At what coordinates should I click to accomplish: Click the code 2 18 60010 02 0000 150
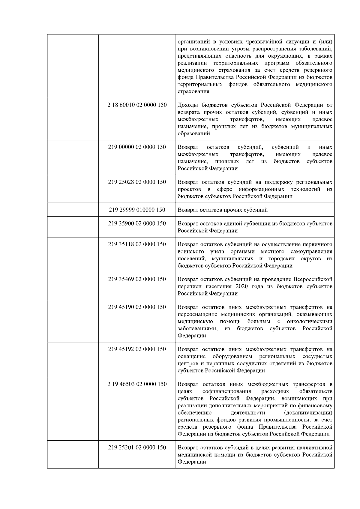[x=137, y=105]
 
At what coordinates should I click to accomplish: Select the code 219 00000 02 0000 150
[x=137, y=147]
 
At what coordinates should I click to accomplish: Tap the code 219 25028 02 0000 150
[x=137, y=182]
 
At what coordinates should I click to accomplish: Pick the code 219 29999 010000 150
[x=137, y=210]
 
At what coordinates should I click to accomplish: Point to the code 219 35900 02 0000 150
[x=137, y=223]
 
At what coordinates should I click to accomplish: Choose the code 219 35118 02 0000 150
[x=137, y=244]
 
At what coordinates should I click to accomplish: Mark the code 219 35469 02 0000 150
[x=137, y=279]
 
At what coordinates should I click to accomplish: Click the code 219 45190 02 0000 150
[x=137, y=307]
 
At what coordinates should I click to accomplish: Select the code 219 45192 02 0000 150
[x=137, y=349]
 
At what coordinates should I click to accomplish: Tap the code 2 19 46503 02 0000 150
[x=137, y=384]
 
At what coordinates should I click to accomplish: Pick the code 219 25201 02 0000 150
[x=137, y=448]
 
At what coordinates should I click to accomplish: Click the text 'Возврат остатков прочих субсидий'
[x=223, y=210]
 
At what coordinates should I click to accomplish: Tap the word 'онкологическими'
[x=310, y=322]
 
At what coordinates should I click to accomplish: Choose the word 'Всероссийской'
[x=313, y=280]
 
